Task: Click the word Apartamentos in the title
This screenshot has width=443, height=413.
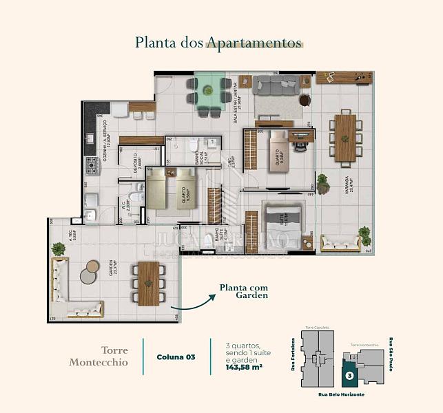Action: (254, 43)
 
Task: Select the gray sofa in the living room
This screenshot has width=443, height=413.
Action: (275, 85)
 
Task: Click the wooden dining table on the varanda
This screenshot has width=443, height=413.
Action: (345, 138)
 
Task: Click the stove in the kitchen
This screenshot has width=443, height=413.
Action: (91, 166)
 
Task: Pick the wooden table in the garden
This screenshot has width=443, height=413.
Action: (149, 283)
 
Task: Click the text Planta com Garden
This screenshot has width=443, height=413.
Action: (243, 292)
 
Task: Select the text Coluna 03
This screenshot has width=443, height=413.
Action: (176, 357)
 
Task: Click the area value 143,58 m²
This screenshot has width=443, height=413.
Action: (245, 368)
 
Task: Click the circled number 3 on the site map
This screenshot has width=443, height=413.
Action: (349, 376)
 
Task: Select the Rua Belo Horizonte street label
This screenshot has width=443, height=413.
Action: (341, 394)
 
